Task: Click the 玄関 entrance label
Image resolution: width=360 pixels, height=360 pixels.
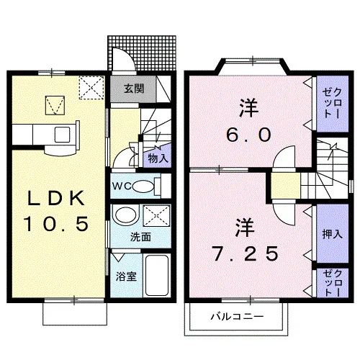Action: (x=134, y=89)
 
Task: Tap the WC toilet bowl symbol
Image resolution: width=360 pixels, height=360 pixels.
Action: (x=143, y=186)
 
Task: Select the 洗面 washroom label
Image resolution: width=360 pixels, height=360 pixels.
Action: (x=140, y=237)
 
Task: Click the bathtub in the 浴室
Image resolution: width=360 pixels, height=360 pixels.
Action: (x=157, y=275)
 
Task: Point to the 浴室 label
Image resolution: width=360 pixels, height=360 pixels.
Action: (x=126, y=276)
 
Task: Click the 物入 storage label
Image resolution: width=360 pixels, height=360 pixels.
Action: (x=158, y=158)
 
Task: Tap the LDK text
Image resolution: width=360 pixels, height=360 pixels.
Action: (x=56, y=198)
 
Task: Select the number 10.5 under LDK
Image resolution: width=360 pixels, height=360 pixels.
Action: (x=55, y=224)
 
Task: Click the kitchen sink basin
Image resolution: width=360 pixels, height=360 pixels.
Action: (x=62, y=135)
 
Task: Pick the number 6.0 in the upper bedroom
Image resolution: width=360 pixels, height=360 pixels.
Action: (x=248, y=135)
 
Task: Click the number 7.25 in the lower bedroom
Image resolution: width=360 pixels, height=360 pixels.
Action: (x=246, y=253)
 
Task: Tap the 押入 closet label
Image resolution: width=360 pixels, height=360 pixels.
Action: (x=332, y=234)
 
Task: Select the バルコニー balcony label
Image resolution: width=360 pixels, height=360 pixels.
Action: (x=237, y=317)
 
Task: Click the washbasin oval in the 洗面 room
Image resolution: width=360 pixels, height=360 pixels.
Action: (x=125, y=215)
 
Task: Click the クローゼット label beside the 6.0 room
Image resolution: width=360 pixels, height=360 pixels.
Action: (x=332, y=103)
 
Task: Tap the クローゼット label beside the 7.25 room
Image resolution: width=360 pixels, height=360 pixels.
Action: (x=332, y=283)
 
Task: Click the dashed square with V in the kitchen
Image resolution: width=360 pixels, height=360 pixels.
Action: (x=55, y=105)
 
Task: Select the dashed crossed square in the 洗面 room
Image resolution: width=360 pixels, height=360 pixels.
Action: (x=156, y=216)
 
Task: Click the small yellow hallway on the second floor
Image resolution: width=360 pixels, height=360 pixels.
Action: (x=286, y=186)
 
